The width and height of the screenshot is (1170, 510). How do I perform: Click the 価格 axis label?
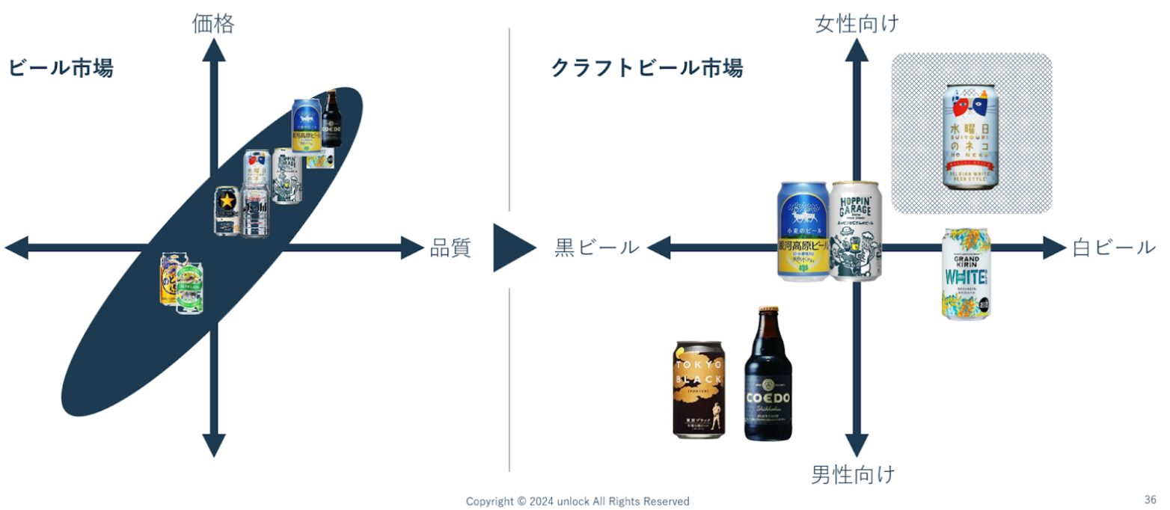[x=213, y=24]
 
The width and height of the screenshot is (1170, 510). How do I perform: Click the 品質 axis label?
[x=450, y=248]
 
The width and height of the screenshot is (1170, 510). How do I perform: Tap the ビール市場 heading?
[x=61, y=69]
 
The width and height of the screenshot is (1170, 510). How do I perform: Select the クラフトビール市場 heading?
[x=646, y=69]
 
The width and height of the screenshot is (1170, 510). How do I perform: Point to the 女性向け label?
[x=857, y=24]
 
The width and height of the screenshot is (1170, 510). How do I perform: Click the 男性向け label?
[x=854, y=474]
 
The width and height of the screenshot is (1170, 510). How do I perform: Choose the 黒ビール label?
[x=597, y=248]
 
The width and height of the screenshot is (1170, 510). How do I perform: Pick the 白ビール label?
[x=1113, y=248]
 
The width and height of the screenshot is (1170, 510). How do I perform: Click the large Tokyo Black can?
[x=699, y=389]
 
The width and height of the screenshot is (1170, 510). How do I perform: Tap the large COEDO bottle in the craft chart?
[x=768, y=374]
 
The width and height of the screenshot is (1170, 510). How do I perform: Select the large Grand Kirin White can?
[x=966, y=274]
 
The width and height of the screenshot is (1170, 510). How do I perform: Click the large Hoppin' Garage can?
[x=856, y=231]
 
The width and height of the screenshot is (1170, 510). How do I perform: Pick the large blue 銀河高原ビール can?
[x=804, y=232]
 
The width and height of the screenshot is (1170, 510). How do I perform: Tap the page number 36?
[x=1150, y=500]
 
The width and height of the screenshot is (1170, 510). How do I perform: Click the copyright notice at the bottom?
[x=578, y=501]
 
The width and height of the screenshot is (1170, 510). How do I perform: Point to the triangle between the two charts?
[x=512, y=248]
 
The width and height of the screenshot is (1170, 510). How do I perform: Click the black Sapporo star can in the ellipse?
[x=227, y=212]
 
